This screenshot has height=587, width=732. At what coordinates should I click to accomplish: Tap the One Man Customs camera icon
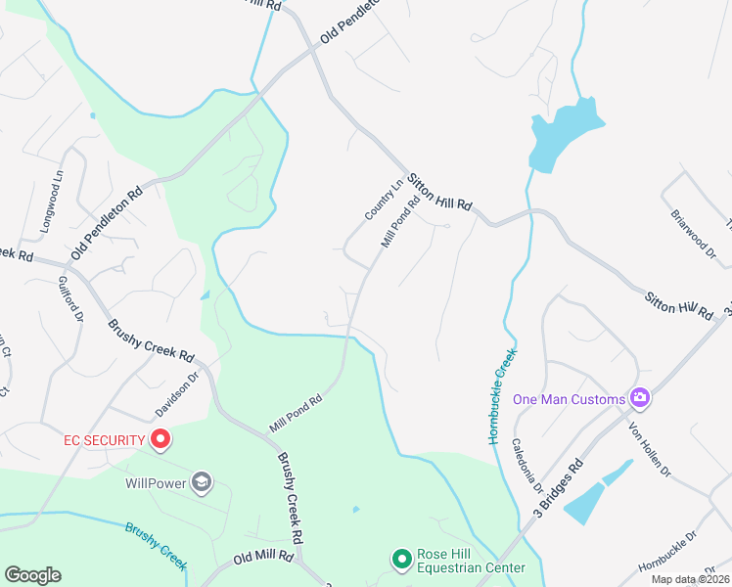pyautogui.click(x=640, y=398)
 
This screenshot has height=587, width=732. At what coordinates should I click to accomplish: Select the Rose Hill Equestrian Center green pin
pyautogui.click(x=401, y=560)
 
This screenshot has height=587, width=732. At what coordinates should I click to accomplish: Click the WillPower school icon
pyautogui.click(x=201, y=481)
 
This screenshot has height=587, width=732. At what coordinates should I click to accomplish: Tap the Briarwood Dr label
pyautogui.click(x=694, y=232)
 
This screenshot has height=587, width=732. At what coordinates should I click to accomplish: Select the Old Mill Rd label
pyautogui.click(x=263, y=557)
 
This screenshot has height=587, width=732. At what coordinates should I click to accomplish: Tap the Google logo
pyautogui.click(x=32, y=574)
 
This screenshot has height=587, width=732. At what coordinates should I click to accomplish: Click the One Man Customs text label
pyautogui.click(x=569, y=399)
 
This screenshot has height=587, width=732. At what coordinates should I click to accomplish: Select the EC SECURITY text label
pyautogui.click(x=104, y=440)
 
